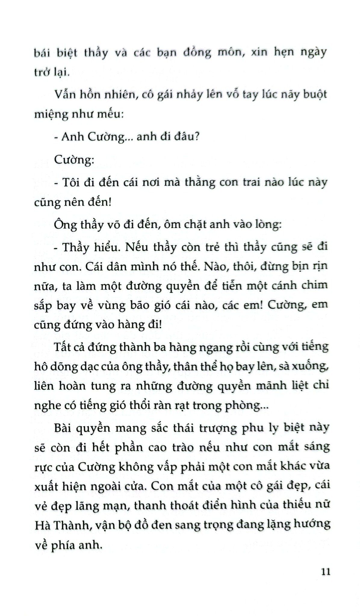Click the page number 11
326,571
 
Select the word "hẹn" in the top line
284,53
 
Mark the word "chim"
315,285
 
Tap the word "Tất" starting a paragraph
63,347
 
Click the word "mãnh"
271,386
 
